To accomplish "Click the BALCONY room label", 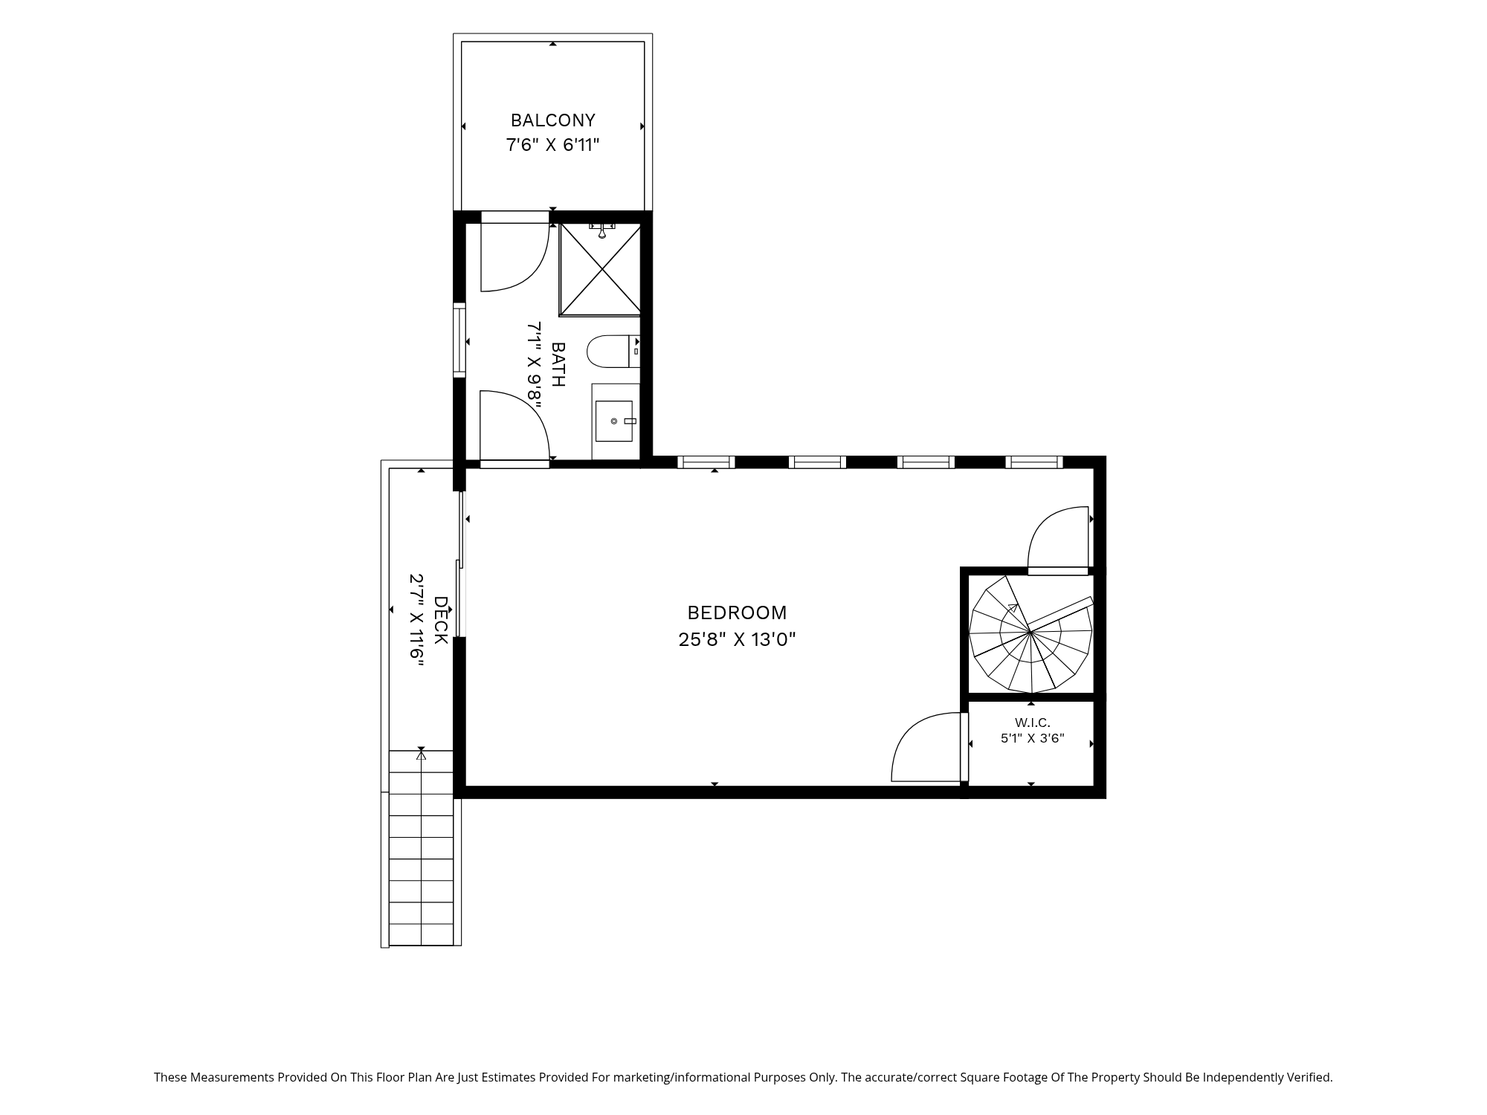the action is (x=553, y=120).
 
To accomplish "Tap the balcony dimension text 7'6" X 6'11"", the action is (x=553, y=145).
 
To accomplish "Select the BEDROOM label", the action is (x=737, y=613).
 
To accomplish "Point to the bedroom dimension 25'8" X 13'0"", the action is (x=737, y=639).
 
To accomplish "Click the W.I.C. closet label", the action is (x=1032, y=723).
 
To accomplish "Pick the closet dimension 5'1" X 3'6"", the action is (x=1032, y=738).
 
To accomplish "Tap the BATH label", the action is (x=558, y=364).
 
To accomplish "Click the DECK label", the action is (x=440, y=620).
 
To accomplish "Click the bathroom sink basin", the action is (x=614, y=421).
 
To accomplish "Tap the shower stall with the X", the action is (x=600, y=269).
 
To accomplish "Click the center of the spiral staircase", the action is (x=1030, y=632).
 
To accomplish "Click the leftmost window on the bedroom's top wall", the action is (x=706, y=462).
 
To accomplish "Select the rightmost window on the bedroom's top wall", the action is (x=1034, y=462).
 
